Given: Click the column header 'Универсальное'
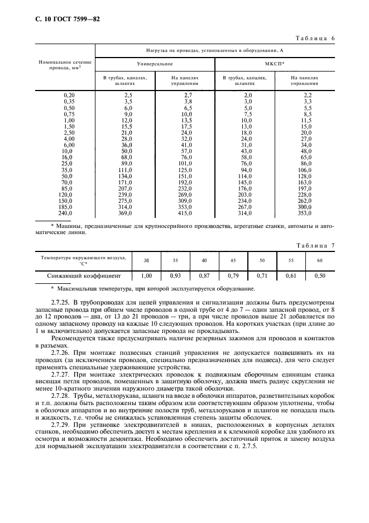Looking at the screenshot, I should [x=155, y=64].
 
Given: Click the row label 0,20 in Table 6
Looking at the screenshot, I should [x=69, y=96].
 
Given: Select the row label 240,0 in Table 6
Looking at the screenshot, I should [x=68, y=213].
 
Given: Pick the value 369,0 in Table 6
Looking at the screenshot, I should [x=125, y=213].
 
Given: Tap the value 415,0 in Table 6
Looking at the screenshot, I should [x=184, y=213].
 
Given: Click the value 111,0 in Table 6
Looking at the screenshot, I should [x=125, y=170].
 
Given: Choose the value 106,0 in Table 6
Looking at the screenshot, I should [x=304, y=170].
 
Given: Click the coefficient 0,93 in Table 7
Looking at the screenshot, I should [x=175, y=275].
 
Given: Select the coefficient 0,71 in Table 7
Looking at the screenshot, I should [x=262, y=275].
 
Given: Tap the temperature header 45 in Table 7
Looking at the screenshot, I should [x=233, y=260].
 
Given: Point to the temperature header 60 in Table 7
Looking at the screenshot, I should [x=319, y=260].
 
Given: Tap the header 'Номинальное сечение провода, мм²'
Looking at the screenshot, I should [x=64, y=64].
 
